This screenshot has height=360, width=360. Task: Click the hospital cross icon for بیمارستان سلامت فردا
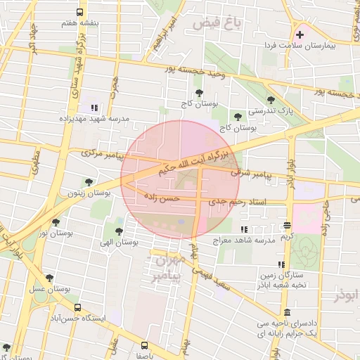click(300, 34)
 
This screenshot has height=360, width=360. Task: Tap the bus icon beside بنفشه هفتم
click(79, 13)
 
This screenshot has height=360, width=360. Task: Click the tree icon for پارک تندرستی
click(271, 100)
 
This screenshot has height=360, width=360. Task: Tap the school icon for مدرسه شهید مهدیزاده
click(94, 108)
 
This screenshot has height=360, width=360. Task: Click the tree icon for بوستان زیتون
click(89, 182)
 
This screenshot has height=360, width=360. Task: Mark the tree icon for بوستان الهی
click(117, 231)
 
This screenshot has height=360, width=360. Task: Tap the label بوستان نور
click(54, 232)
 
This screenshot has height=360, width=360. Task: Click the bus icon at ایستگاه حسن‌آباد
click(77, 308)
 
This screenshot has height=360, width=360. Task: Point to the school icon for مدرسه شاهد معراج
click(243, 230)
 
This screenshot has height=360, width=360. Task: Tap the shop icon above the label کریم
click(287, 225)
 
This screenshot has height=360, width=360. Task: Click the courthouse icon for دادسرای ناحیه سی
click(285, 313)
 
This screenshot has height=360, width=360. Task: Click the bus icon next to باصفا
click(145, 345)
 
